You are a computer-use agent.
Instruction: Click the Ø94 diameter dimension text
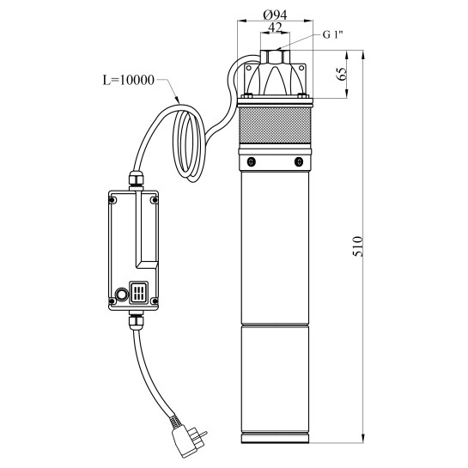click(x=275, y=15)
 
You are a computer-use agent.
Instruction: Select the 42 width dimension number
click(x=275, y=28)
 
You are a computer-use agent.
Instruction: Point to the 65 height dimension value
click(x=343, y=72)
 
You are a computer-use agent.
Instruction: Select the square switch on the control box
click(x=139, y=295)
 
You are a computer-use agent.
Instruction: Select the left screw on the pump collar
click(x=251, y=161)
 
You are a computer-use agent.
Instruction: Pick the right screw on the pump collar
click(x=298, y=161)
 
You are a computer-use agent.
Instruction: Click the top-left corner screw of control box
click(x=112, y=200)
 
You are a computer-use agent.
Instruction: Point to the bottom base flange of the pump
click(x=275, y=435)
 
